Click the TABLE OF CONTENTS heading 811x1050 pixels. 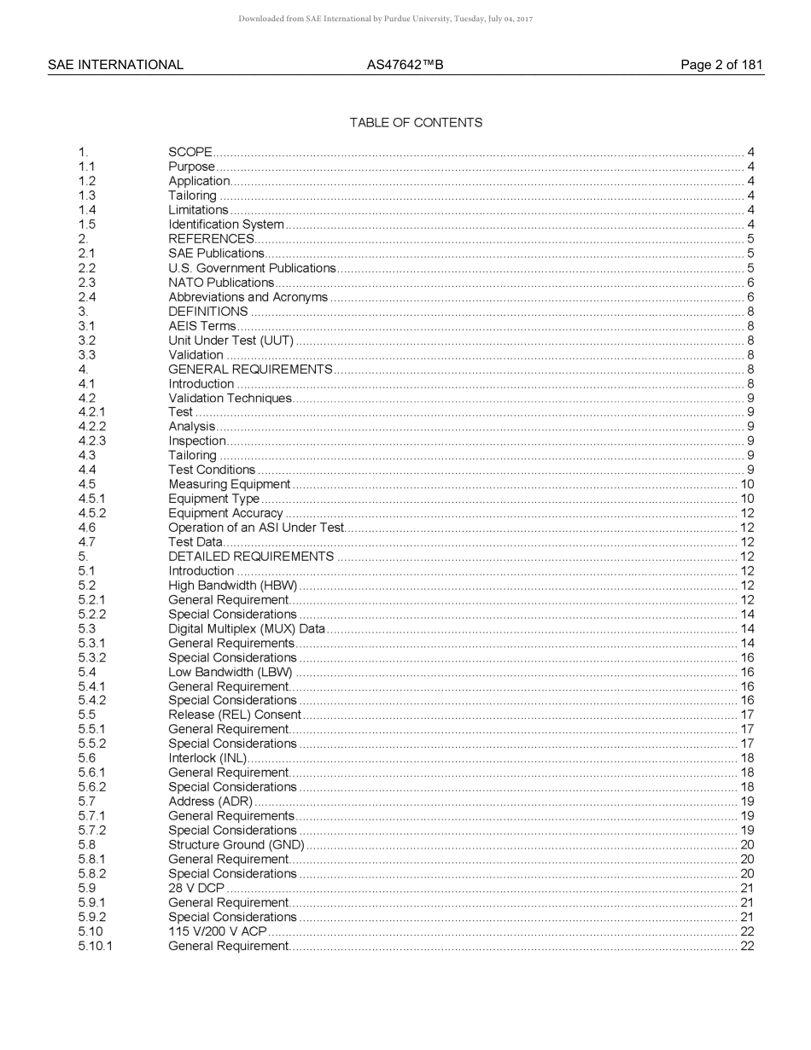[x=416, y=123]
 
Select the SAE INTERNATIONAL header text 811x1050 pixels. [x=115, y=65]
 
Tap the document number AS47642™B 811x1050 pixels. [x=405, y=65]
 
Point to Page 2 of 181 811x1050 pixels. [x=721, y=65]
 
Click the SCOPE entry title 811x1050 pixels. [x=190, y=153]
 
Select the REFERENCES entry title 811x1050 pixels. [x=211, y=239]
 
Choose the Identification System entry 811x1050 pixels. [x=226, y=225]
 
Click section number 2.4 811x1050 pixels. [x=87, y=297]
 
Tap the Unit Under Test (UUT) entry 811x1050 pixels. [x=230, y=341]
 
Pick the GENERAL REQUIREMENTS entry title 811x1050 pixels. [x=250, y=370]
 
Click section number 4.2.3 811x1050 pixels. [x=92, y=441]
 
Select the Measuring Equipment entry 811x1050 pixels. [x=230, y=485]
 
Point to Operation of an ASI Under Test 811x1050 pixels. [x=256, y=528]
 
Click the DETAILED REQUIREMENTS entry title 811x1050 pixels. [x=251, y=557]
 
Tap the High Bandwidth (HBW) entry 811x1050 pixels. [x=232, y=586]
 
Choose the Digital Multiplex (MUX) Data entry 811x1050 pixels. [x=247, y=629]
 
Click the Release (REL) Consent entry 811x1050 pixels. [x=235, y=715]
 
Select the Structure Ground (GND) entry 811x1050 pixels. [x=236, y=845]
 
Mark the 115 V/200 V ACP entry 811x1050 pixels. [x=218, y=931]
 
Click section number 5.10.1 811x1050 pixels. [x=95, y=946]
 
